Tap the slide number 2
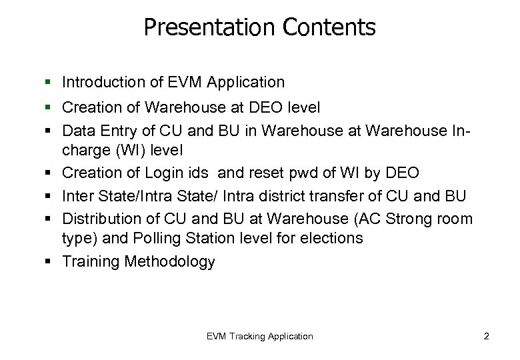pos(486,336)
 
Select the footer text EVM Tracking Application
pos(259,336)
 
